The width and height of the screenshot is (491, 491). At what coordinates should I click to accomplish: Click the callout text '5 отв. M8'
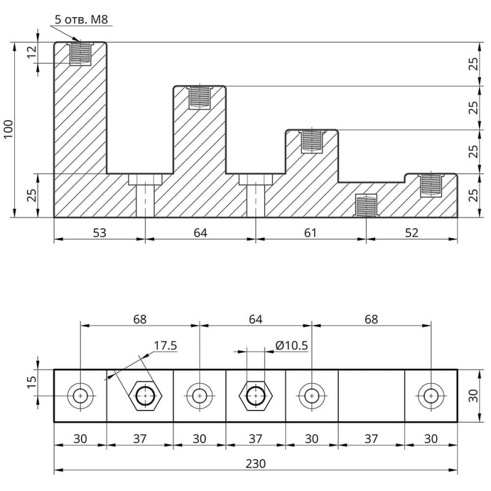click(81, 20)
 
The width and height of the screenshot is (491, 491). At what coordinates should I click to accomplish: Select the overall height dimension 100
click(8, 130)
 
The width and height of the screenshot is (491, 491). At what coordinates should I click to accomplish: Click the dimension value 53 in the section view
click(99, 233)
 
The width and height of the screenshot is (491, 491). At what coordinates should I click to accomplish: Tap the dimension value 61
click(311, 233)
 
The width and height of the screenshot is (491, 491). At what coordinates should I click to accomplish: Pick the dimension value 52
click(412, 233)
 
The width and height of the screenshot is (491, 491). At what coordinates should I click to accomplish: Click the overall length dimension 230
click(255, 464)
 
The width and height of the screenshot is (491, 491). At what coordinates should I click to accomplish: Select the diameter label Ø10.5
click(292, 345)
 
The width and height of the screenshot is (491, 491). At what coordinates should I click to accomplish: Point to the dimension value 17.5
click(165, 346)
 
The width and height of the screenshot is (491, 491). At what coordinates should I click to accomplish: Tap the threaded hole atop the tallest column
click(80, 53)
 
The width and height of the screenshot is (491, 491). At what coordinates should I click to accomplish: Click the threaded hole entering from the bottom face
click(366, 206)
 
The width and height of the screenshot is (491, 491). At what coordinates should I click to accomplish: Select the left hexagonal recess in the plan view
click(145, 396)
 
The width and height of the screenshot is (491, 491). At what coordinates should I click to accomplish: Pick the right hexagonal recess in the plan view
click(255, 396)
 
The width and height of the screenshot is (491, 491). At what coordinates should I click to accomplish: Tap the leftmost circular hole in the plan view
click(80, 396)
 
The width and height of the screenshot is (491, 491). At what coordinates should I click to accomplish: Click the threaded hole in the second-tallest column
click(199, 97)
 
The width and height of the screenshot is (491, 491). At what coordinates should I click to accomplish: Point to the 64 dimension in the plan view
click(255, 319)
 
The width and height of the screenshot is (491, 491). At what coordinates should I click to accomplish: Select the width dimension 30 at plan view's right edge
click(473, 396)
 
